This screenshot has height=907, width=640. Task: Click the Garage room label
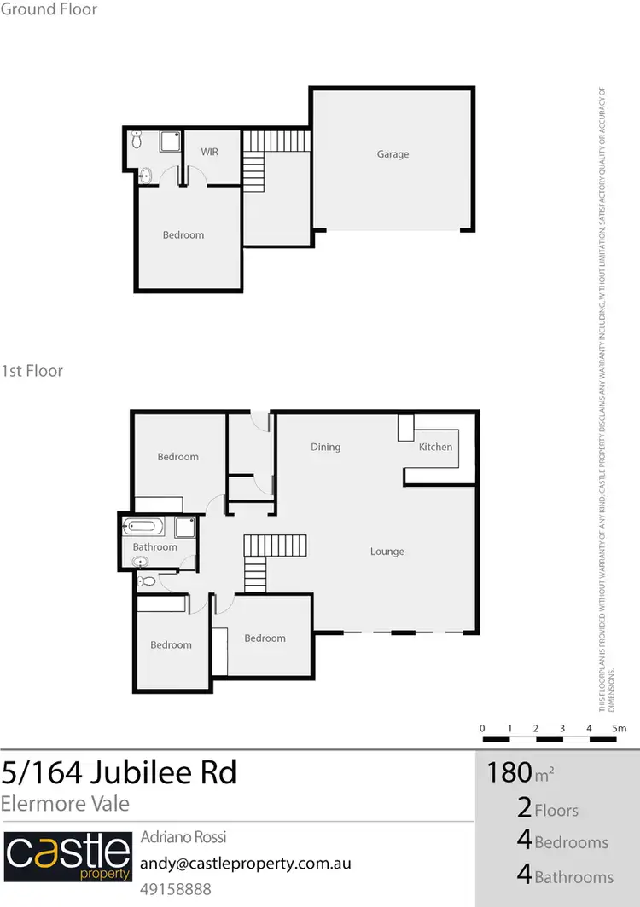[393, 154]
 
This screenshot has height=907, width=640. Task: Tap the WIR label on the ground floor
[210, 152]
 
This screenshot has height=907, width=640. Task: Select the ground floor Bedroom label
[183, 235]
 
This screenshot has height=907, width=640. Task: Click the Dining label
[325, 447]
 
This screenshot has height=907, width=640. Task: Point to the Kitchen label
[435, 447]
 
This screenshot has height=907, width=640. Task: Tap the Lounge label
[387, 552]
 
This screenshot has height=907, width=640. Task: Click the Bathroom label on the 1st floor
[154, 547]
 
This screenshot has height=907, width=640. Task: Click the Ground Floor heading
[49, 10]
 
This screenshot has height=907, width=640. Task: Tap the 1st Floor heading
[32, 371]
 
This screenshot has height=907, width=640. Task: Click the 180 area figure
[509, 772]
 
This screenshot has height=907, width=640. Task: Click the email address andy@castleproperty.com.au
[245, 863]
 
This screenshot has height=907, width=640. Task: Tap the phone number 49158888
[175, 889]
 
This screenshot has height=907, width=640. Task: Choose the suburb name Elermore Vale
[65, 802]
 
